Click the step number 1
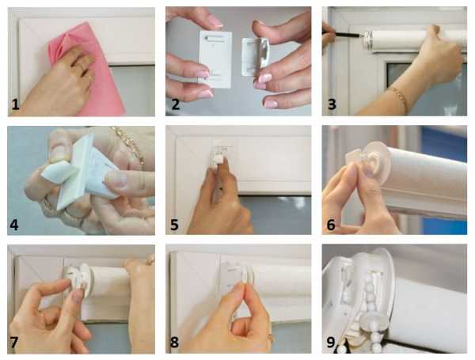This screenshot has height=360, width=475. tap(16, 104)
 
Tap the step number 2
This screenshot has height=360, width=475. tap(176, 104)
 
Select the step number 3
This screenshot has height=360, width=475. tap(332, 104)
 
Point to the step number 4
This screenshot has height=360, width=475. tap(14, 225)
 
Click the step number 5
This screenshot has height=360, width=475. tap(174, 225)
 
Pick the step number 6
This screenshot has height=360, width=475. tap(331, 225)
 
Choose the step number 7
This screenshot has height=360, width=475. tap(14, 343)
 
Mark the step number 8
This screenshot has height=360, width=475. tap(174, 343)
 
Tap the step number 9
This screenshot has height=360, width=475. tap(331, 343)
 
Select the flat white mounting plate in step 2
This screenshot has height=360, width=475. tap(215, 59)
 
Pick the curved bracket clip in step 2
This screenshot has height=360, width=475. tap(255, 57)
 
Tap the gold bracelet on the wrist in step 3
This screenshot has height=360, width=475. tap(398, 97)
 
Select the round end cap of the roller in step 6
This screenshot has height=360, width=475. tap(375, 164)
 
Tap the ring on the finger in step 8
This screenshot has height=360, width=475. tap(271, 337)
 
